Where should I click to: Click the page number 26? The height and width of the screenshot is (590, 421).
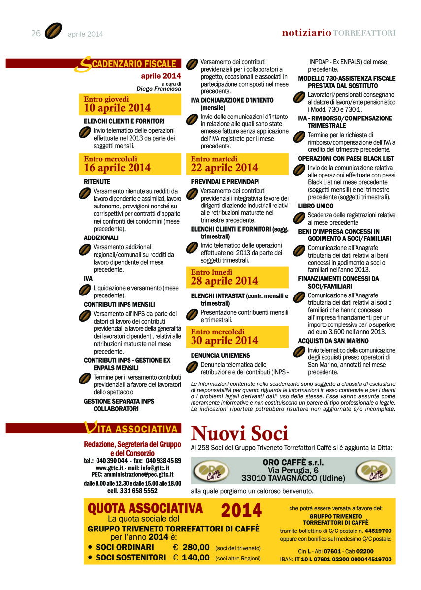35,33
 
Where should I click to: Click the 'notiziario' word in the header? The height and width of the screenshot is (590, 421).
306,33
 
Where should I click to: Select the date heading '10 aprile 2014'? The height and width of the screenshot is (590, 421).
117,108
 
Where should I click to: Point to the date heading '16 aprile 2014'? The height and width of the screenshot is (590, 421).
117,168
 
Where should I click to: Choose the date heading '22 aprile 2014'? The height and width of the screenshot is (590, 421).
225,168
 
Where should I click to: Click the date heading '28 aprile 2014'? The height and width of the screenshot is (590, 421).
225,281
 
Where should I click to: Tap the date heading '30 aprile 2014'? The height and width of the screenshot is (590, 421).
225,340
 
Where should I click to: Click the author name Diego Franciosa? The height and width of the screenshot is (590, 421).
159,89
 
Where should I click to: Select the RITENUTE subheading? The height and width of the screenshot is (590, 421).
97,181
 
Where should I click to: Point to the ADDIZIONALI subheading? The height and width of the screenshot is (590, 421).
101,237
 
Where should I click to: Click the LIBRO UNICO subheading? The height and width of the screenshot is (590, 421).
316,206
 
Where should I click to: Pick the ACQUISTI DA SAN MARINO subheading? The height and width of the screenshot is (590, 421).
333,341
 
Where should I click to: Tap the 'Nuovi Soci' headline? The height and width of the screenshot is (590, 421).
239,433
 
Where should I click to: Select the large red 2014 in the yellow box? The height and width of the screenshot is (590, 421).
241,511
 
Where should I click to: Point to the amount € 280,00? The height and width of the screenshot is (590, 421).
191,547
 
